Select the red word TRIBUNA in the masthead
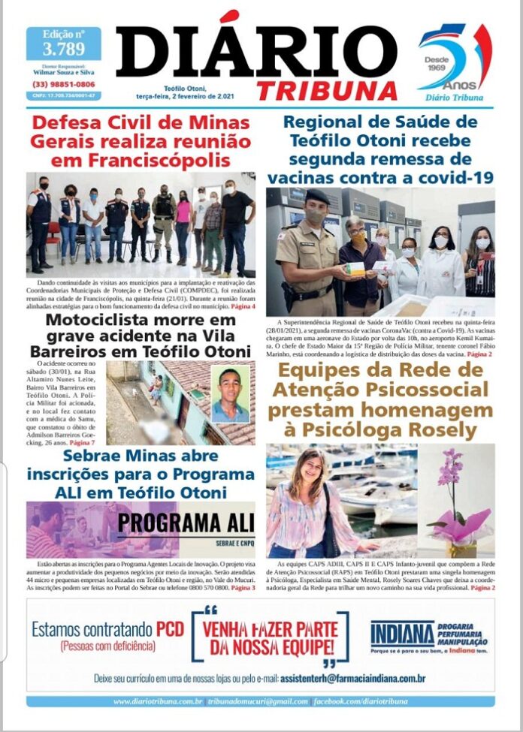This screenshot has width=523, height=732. click(x=327, y=90)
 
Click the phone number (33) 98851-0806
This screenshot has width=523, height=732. click(x=64, y=85)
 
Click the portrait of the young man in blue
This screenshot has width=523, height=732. click(x=230, y=395)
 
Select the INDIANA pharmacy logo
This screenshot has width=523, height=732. click(x=403, y=634)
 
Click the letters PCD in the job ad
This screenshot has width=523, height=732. click(x=170, y=629)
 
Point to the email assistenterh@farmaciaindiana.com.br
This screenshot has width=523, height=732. click(x=352, y=679)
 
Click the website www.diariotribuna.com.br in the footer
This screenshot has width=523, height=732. click(x=157, y=701)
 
